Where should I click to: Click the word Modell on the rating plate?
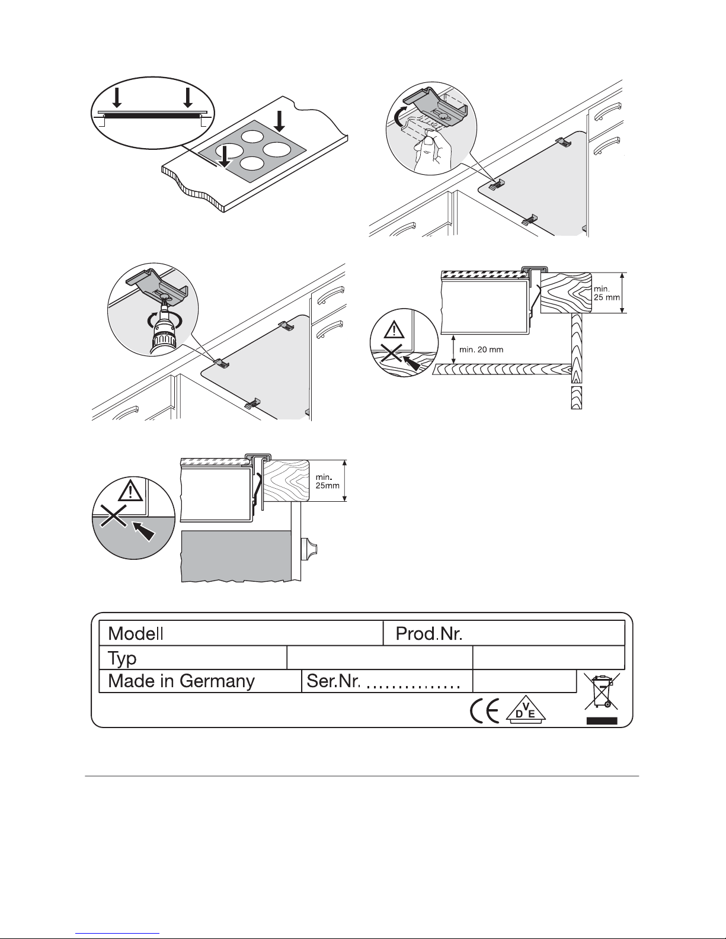click(x=136, y=634)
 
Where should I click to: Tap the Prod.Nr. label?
click(x=429, y=634)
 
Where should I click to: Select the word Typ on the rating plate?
click(x=122, y=659)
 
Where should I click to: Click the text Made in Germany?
click(x=181, y=681)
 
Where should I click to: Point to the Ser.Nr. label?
click(x=333, y=681)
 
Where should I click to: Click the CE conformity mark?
click(x=484, y=711)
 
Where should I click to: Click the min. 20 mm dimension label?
click(x=481, y=350)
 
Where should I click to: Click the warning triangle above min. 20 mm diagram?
click(x=394, y=331)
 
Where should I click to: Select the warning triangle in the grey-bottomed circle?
click(x=130, y=491)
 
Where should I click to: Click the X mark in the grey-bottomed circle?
click(x=113, y=515)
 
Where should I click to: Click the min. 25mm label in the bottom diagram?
click(x=328, y=482)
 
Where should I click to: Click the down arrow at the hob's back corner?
click(x=280, y=121)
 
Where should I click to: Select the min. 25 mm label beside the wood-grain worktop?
click(x=607, y=293)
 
